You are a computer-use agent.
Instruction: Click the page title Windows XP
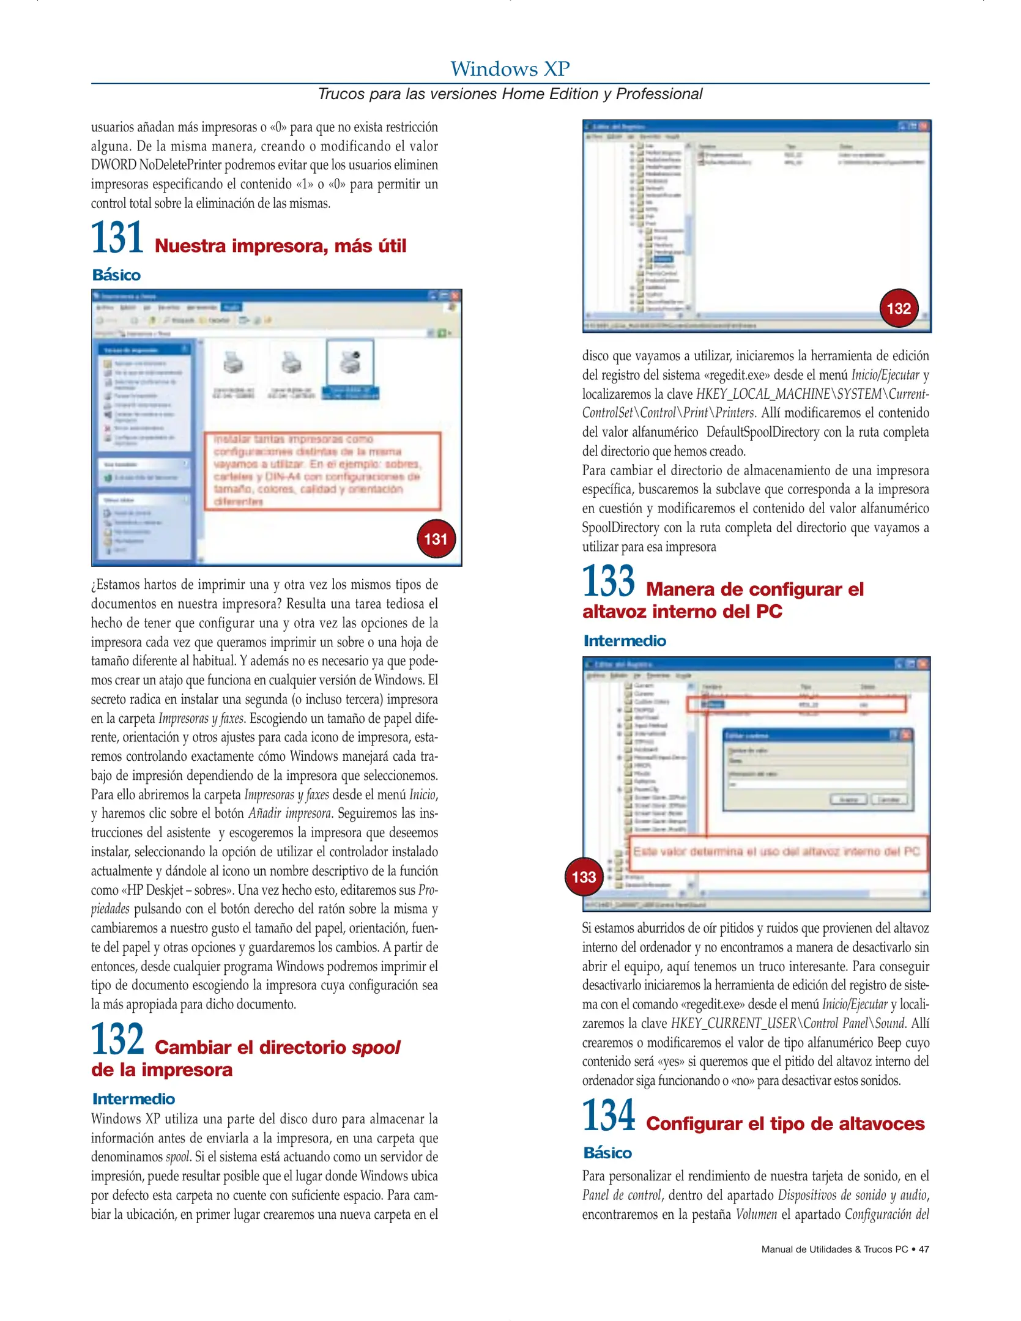[510, 68]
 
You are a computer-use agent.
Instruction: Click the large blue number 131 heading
[117, 238]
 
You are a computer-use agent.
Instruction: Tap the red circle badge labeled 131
[436, 539]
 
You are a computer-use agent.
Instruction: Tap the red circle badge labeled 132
[899, 308]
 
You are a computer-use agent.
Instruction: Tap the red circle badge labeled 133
[584, 876]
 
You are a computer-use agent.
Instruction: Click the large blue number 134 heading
[608, 1116]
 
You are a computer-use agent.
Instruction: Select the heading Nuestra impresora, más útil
[280, 246]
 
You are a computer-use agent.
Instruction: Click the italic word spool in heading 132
[376, 1048]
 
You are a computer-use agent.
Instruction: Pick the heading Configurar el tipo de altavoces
[785, 1123]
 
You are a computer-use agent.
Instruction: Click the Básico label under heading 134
[607, 1153]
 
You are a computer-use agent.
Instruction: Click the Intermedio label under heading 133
[624, 640]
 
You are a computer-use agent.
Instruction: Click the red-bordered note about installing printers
[322, 470]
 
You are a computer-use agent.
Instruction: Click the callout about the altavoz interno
[777, 852]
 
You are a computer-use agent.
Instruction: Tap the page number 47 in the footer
[924, 1249]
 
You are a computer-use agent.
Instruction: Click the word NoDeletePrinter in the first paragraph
[181, 165]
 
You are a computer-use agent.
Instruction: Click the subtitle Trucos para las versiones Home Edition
[510, 94]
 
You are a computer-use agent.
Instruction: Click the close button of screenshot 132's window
[923, 126]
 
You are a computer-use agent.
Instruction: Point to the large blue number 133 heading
[608, 581]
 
